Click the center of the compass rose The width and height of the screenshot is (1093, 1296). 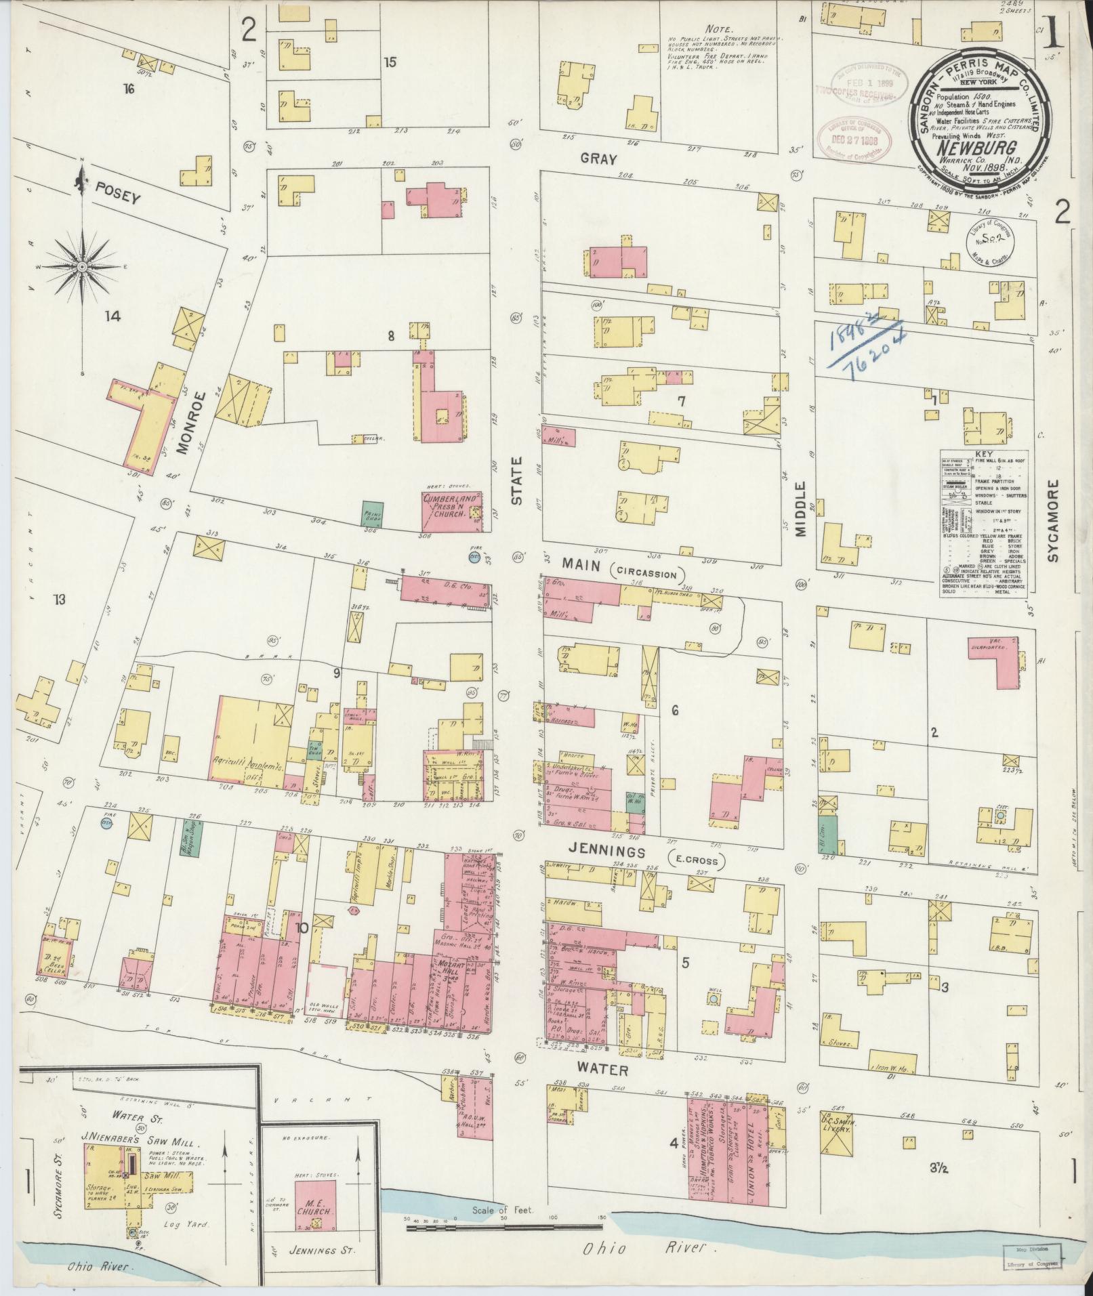click(x=82, y=267)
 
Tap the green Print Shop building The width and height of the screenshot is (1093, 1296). click(x=372, y=514)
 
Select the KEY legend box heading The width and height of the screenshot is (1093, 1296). click(x=983, y=455)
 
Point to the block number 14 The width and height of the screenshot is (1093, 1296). click(x=112, y=316)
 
